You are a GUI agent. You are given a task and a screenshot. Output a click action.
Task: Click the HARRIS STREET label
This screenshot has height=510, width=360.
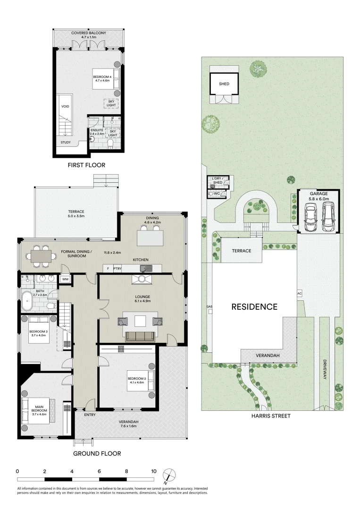[271, 416]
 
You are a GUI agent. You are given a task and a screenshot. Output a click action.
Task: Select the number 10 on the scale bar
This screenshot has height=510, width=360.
[154, 471]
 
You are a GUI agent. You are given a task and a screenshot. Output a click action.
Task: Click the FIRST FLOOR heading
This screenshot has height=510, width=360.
[86, 165]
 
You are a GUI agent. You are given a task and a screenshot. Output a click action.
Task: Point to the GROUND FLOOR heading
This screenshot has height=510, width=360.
[97, 453]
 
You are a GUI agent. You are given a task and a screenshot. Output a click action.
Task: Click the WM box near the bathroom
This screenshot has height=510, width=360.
[64, 280]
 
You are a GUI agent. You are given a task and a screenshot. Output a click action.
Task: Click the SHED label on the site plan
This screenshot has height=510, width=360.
[224, 84]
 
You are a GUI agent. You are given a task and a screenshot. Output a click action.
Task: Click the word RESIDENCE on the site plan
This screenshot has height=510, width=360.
[254, 307]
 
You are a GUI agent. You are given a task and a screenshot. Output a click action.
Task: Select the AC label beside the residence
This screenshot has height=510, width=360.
[299, 293]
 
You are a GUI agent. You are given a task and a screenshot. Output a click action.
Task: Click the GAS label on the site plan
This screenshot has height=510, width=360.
[209, 307]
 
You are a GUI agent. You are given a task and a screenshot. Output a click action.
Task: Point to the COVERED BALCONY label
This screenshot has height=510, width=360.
[89, 33]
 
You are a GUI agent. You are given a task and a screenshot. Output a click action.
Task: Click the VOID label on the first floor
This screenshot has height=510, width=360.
[65, 107]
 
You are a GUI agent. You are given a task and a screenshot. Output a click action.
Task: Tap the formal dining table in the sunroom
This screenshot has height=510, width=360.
[41, 255]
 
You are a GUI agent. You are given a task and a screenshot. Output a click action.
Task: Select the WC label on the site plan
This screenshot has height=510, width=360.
[217, 193]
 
